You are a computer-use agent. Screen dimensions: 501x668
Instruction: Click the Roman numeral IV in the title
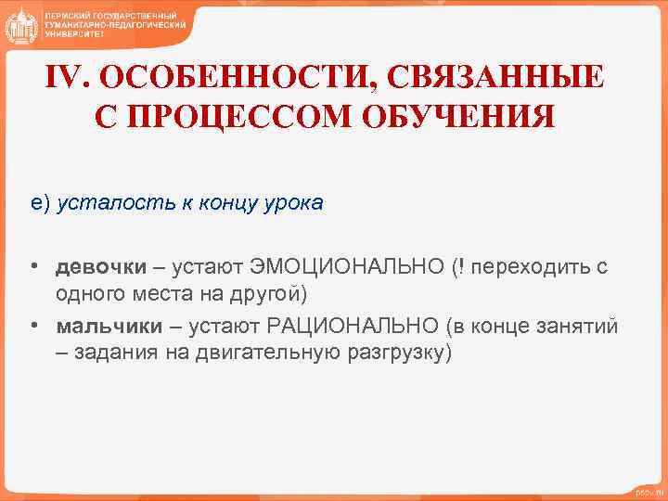click(66, 77)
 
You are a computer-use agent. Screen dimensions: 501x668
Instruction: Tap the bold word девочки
click(100, 267)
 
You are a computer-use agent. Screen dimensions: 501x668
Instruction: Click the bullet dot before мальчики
click(32, 327)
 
